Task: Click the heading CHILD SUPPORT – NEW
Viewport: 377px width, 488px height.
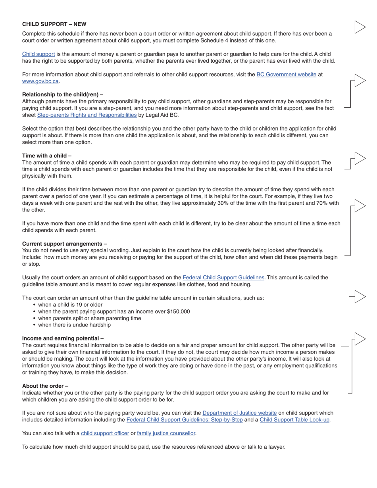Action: [54, 24]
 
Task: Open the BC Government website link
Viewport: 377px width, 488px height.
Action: [286, 74]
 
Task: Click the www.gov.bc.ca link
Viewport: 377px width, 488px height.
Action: [40, 81]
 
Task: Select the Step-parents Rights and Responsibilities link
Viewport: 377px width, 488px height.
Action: [87, 115]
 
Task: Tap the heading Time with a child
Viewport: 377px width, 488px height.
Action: [47, 156]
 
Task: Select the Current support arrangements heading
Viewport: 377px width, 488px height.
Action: [64, 244]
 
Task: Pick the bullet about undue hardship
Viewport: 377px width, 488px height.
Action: [74, 325]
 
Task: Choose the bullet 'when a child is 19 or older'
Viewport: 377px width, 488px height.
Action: [70, 305]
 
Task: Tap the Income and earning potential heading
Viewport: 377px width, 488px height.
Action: [63, 338]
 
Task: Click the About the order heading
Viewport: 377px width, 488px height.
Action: [45, 386]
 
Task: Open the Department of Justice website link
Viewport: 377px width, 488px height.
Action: [239, 413]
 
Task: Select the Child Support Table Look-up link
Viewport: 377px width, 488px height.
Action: [294, 420]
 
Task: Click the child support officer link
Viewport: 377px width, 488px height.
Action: [105, 433]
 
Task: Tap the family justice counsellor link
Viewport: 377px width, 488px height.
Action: [166, 433]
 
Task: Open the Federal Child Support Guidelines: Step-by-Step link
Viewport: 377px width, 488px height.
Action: [185, 420]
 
